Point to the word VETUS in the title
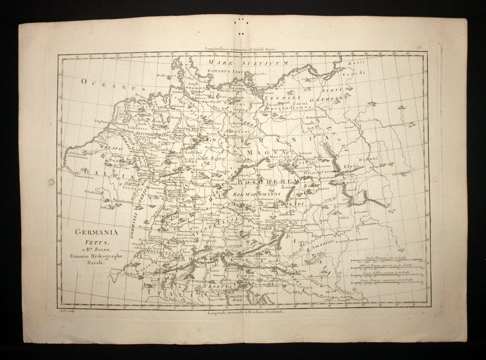click(89, 241)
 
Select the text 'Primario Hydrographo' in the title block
click(92, 256)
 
